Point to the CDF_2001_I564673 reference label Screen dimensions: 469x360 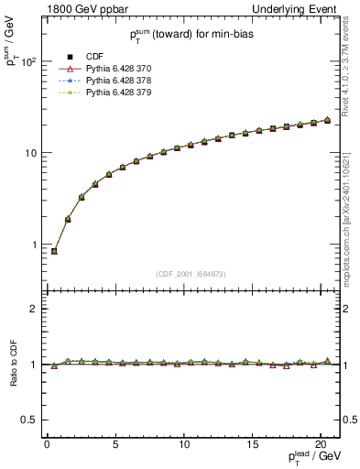coord(191,273)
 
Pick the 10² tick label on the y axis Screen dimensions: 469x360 coord(28,61)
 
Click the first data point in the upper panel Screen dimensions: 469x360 coord(54,251)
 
